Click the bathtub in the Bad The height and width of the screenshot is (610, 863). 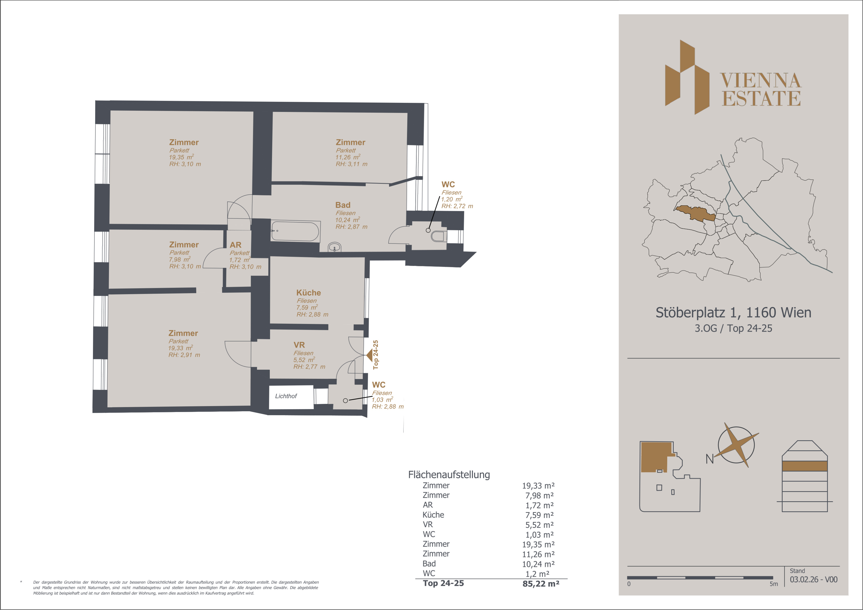(x=295, y=231)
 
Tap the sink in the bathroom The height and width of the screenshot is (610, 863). (x=334, y=247)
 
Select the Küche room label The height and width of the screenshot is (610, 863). (x=309, y=292)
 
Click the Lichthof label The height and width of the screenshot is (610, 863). (x=286, y=396)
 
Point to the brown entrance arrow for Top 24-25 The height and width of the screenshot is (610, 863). (x=369, y=355)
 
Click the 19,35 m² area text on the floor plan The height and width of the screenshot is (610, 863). (x=181, y=157)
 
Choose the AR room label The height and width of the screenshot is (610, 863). (x=236, y=245)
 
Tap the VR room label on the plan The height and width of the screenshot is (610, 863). (x=299, y=345)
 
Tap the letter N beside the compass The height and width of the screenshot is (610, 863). (x=710, y=459)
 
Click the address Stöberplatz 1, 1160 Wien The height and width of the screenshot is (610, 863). (x=733, y=313)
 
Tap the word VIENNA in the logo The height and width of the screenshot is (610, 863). (x=761, y=80)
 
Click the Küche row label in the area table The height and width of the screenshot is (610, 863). (x=433, y=515)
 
